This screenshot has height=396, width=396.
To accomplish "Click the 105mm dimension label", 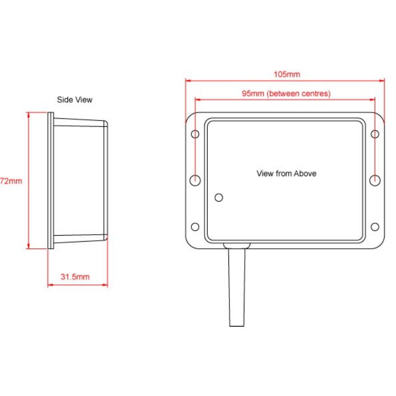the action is (287, 74).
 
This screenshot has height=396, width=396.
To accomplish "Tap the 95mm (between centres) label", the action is (286, 93).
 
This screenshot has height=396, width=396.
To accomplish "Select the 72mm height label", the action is (11, 181).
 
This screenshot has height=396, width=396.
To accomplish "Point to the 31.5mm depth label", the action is (75, 276).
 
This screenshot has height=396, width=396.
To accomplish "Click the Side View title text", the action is (74, 99).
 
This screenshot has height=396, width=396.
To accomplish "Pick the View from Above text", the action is (286, 173).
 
